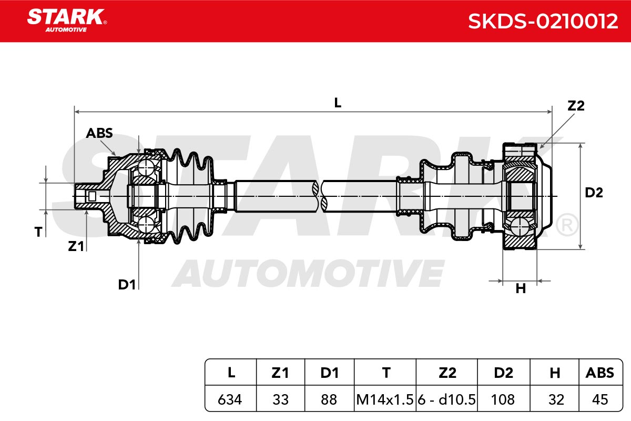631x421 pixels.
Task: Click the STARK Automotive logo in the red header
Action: coord(67,21)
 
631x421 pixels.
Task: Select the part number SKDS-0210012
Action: coord(543,21)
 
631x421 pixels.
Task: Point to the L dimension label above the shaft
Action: coord(338,103)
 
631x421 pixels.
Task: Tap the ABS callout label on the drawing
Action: coord(99,133)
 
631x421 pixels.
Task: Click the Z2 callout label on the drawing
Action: coord(576,106)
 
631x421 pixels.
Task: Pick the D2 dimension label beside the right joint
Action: coord(594,193)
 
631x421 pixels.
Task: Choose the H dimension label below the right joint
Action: coord(521,288)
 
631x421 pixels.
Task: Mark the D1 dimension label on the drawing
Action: coord(127,285)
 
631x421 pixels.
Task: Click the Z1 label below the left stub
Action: coord(76,246)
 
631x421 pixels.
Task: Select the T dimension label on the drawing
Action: coord(38,232)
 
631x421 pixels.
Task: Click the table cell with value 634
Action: coord(230,399)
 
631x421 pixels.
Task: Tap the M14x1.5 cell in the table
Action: coord(385,399)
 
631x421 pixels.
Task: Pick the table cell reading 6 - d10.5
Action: coord(446,399)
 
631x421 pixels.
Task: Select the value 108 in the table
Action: coord(503,399)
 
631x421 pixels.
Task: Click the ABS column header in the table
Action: coord(600,373)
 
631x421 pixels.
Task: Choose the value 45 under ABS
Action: coord(600,399)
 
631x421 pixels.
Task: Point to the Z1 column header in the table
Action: coord(280,373)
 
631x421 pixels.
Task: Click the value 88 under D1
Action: coord(329,399)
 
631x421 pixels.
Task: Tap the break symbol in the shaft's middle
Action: coord(320,196)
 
